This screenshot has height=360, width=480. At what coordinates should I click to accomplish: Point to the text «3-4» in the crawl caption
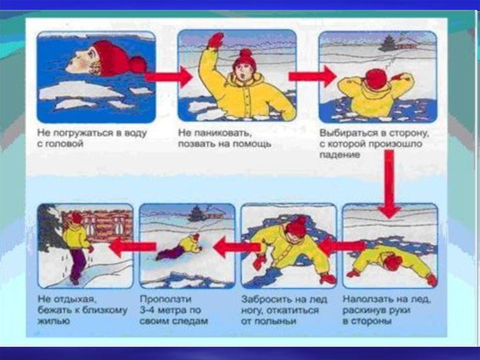[147, 310]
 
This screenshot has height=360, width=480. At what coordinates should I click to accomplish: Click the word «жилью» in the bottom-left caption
[49, 321]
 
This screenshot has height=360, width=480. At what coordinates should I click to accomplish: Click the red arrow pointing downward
[389, 184]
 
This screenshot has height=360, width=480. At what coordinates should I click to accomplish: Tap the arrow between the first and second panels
[169, 77]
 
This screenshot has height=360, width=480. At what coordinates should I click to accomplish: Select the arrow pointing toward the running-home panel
[133, 247]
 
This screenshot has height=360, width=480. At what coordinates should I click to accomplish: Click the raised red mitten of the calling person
[216, 40]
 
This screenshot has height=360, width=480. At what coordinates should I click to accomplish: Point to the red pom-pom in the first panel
[138, 65]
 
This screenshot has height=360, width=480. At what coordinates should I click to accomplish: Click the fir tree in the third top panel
[388, 43]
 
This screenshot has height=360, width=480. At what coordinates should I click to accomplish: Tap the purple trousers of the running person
[77, 264]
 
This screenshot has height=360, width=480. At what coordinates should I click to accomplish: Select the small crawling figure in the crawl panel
[179, 246]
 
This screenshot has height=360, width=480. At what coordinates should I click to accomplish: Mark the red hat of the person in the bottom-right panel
[394, 263]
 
